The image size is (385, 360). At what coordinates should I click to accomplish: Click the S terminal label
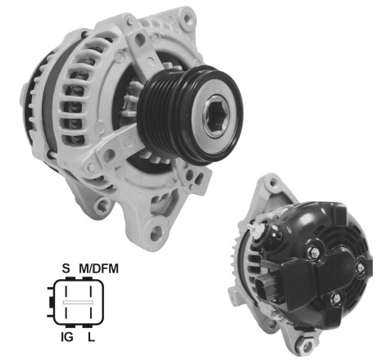click(x=66, y=267)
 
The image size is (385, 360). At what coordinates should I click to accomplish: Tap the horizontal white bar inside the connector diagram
click(x=78, y=301)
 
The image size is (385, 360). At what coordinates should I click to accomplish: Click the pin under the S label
click(x=67, y=290)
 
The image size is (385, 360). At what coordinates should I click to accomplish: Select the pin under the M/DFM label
click(x=88, y=290)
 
